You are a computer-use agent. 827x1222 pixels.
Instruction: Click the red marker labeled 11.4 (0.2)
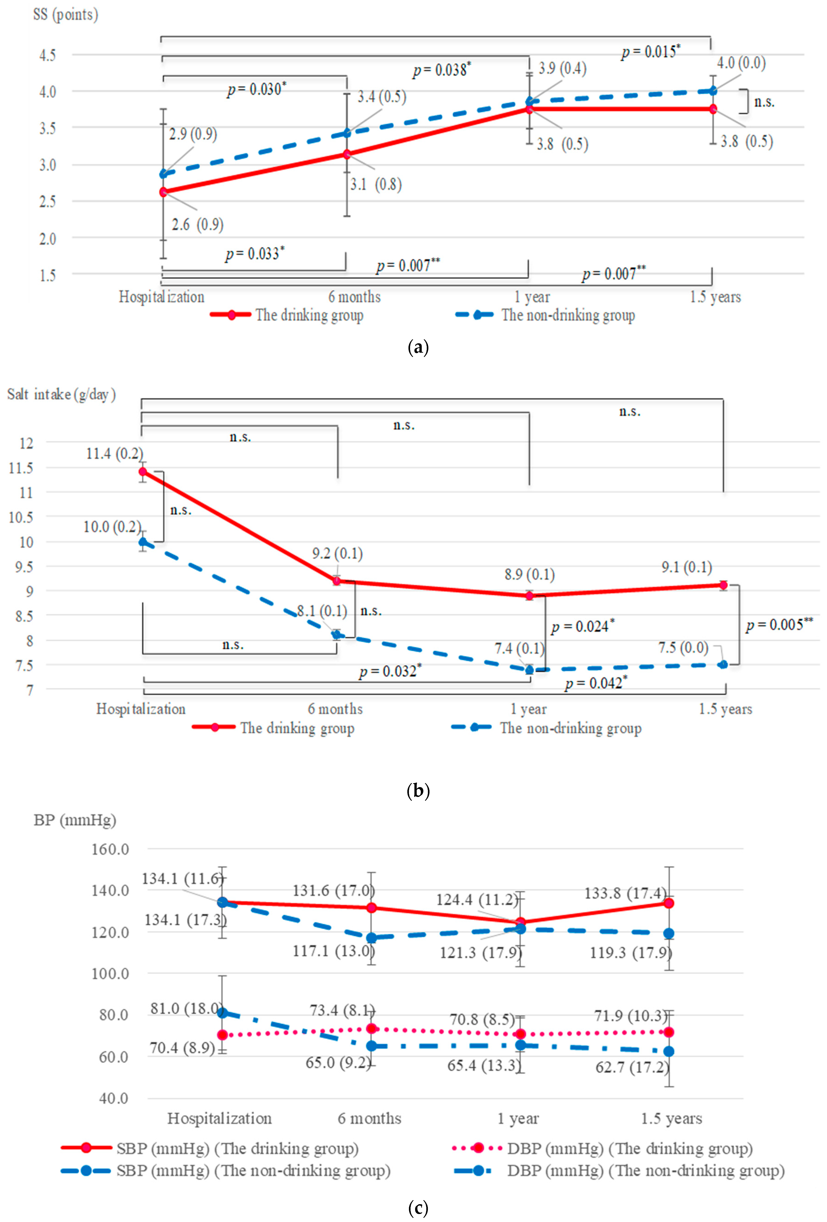click(143, 472)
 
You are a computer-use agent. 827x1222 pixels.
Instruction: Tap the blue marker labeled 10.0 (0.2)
click(143, 542)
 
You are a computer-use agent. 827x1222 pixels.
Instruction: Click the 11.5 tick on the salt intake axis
click(21, 468)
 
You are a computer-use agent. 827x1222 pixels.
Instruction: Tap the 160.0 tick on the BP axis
click(110, 849)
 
